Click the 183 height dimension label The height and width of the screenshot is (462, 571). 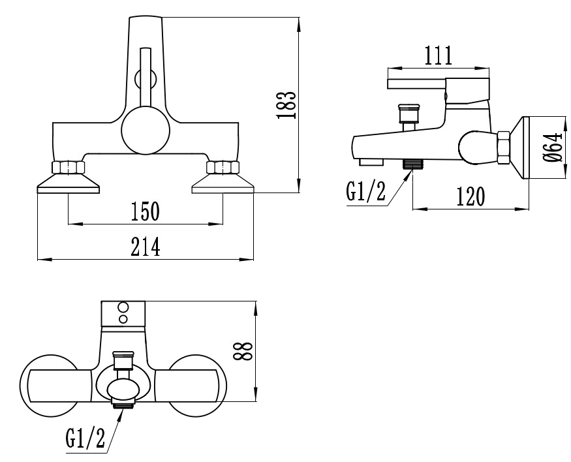click(x=286, y=105)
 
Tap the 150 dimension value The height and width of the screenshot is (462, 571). click(x=146, y=211)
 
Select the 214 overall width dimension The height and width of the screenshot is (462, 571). click(x=146, y=247)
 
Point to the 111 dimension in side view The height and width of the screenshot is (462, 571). click(x=439, y=55)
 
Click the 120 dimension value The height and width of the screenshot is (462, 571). click(x=471, y=196)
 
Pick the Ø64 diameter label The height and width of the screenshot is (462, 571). click(x=553, y=147)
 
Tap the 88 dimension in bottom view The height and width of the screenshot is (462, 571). click(x=243, y=351)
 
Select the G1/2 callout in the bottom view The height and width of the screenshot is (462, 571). click(x=85, y=438)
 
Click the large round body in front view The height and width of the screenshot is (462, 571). click(x=146, y=130)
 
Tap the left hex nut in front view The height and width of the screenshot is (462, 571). click(x=68, y=167)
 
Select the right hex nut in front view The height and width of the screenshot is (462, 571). click(x=223, y=167)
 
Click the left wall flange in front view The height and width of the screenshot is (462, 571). click(x=68, y=183)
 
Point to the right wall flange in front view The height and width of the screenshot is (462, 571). click(x=223, y=183)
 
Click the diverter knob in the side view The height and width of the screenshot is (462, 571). click(x=410, y=114)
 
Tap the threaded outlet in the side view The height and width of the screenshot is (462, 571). click(x=412, y=164)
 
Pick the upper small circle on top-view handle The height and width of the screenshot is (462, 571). click(x=123, y=307)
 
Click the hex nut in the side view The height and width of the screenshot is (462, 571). click(x=503, y=148)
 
